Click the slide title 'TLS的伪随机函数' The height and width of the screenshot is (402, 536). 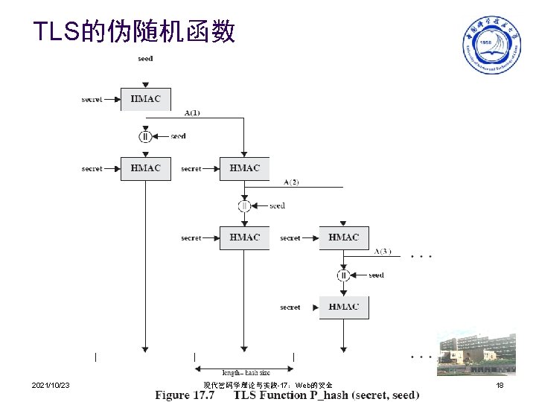(134, 31)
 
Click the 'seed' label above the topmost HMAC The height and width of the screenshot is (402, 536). (145, 58)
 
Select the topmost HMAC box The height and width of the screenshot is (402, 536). (145, 99)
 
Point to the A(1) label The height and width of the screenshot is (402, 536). (192, 113)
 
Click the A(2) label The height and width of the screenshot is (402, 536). (291, 182)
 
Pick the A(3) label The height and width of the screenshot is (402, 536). (383, 252)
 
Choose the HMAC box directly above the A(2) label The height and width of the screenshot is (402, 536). (244, 168)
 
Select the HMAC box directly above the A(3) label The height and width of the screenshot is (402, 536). (343, 237)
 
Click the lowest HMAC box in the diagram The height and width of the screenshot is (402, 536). (343, 307)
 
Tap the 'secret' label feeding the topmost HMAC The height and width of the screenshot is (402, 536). (92, 99)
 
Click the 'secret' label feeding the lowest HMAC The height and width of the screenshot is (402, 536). (290, 307)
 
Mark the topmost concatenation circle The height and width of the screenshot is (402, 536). (145, 136)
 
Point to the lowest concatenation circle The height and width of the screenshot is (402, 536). (343, 275)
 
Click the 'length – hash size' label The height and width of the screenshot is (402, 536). (246, 372)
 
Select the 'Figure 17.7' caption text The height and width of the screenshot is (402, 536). (184, 395)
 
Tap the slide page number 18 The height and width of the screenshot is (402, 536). (500, 385)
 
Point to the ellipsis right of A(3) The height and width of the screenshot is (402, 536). (421, 257)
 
